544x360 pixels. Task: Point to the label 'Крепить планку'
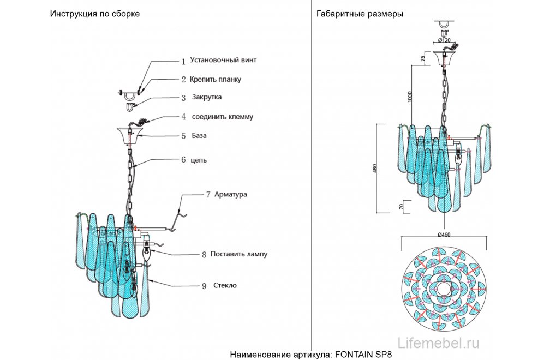[x=216, y=80]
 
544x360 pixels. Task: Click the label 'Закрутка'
[x=206, y=97]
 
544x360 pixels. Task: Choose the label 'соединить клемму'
[x=222, y=117]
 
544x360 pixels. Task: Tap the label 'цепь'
[x=198, y=160]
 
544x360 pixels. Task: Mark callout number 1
[x=183, y=61]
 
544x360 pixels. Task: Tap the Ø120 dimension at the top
[x=444, y=40]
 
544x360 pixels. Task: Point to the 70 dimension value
[x=403, y=207]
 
